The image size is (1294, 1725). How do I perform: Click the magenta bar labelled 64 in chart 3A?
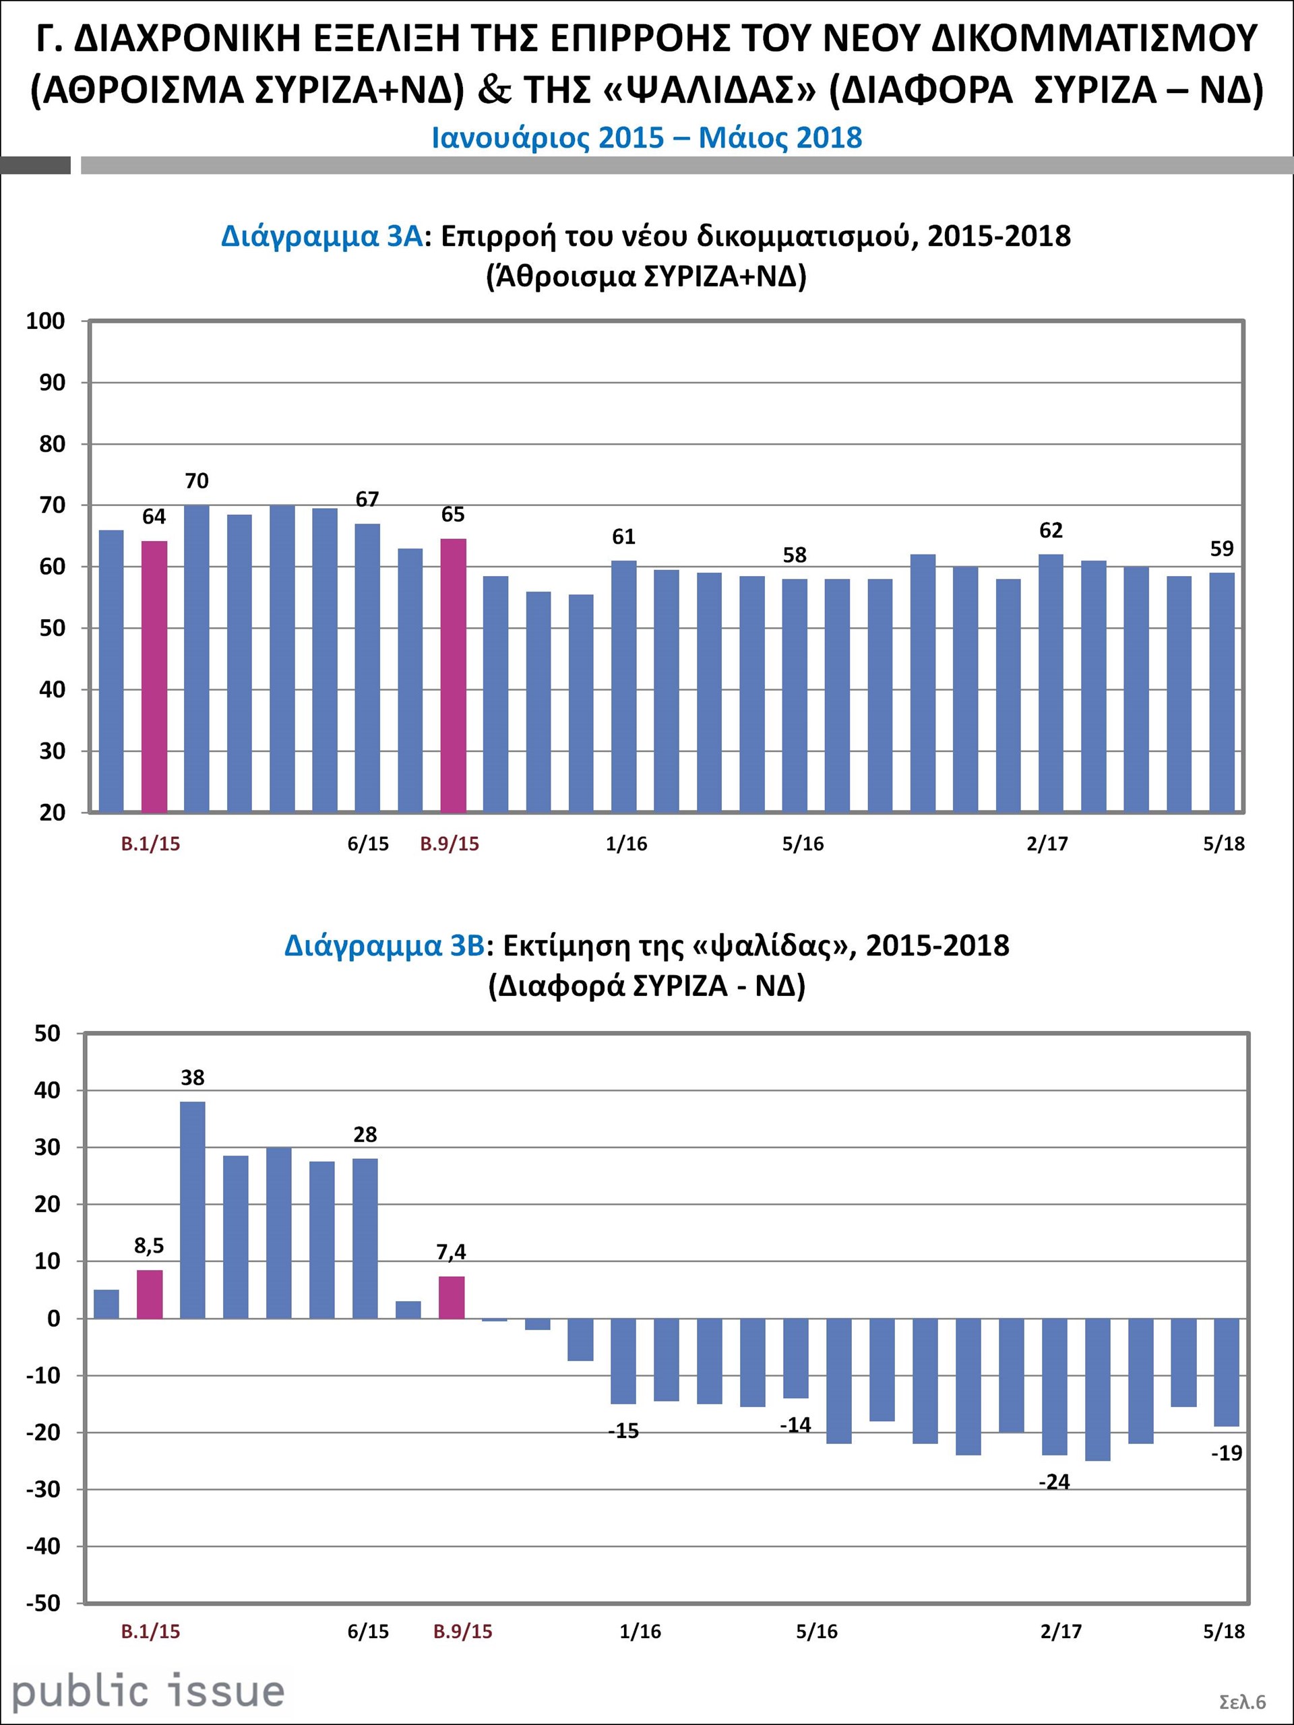[x=154, y=676]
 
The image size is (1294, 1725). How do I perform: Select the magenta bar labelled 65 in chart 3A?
[x=453, y=675]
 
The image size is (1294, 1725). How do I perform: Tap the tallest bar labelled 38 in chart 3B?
[x=193, y=1210]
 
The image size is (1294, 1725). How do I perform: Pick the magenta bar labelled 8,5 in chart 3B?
[x=150, y=1294]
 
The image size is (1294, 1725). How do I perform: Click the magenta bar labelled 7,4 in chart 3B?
[x=452, y=1297]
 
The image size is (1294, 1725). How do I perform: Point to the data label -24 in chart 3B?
[x=1054, y=1482]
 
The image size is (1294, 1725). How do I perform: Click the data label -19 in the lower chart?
[x=1226, y=1453]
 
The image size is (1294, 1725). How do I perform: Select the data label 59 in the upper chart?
[x=1221, y=549]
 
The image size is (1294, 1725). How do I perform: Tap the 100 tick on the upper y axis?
[x=45, y=321]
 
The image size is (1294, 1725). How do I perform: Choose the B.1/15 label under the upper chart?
[x=150, y=844]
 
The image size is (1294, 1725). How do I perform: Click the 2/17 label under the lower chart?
[x=1061, y=1631]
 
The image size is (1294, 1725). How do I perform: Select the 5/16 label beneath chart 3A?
[x=803, y=844]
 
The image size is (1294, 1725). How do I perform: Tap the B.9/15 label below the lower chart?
[x=462, y=1631]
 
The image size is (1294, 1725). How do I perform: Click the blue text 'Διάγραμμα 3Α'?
[x=321, y=236]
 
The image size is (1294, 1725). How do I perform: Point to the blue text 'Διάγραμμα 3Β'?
[x=385, y=945]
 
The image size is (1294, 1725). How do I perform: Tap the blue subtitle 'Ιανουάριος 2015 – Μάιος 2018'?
[x=646, y=138]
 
